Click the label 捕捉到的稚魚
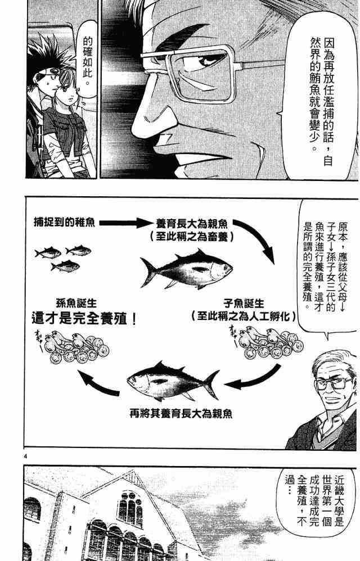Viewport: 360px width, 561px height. pos(65,223)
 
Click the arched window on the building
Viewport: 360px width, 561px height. pos(130,509)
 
